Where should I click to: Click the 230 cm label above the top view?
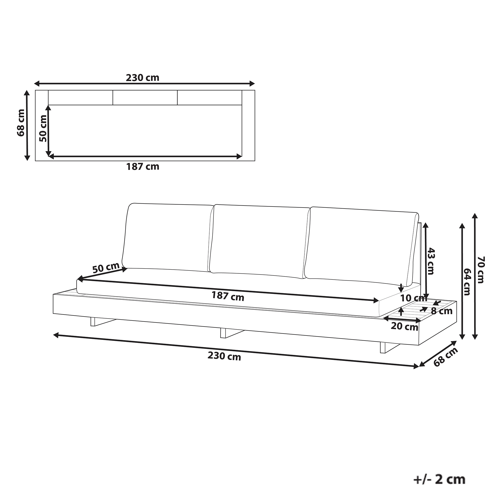click(142, 78)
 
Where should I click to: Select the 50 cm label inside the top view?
click(43, 128)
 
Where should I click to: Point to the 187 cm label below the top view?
click(143, 167)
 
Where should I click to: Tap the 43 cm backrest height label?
click(430, 261)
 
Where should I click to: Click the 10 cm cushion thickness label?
click(414, 298)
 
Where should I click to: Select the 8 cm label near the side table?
click(442, 311)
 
